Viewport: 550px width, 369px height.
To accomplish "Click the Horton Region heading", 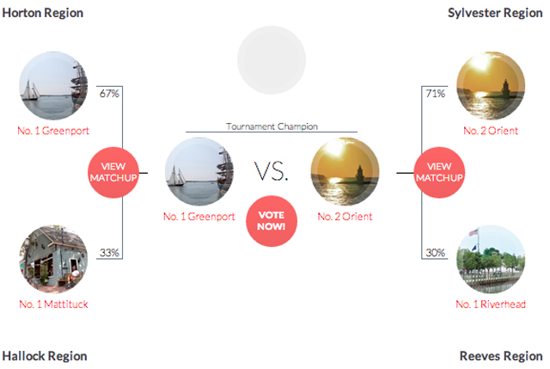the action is [x=43, y=13].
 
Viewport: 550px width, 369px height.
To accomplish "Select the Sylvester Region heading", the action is [x=495, y=13].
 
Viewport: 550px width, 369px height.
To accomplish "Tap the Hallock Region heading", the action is [x=45, y=356].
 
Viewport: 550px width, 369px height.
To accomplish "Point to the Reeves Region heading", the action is [x=501, y=356].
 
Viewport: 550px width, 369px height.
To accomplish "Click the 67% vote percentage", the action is [x=109, y=94].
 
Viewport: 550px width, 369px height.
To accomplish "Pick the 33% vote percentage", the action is [x=109, y=252].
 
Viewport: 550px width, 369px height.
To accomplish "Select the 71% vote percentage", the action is [x=436, y=94].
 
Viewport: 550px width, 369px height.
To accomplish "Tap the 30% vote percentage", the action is [x=436, y=252].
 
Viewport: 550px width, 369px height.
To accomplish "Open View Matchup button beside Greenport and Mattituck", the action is [x=113, y=172].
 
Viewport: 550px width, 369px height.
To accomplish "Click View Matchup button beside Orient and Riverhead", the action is [x=439, y=172].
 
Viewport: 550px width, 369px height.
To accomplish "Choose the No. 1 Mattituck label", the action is [x=53, y=304].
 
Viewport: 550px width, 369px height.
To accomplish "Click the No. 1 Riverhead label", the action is [x=491, y=304].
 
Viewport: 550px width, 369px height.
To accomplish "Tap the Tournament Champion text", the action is [x=272, y=126].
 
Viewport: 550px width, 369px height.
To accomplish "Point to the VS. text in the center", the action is [x=272, y=172].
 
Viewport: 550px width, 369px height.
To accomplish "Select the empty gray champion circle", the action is [x=272, y=60].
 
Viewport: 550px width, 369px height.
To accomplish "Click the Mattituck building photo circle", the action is [x=53, y=260].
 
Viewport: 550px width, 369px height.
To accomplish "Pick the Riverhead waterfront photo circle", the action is [x=491, y=260].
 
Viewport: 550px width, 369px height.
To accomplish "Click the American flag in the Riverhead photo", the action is [x=474, y=232].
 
